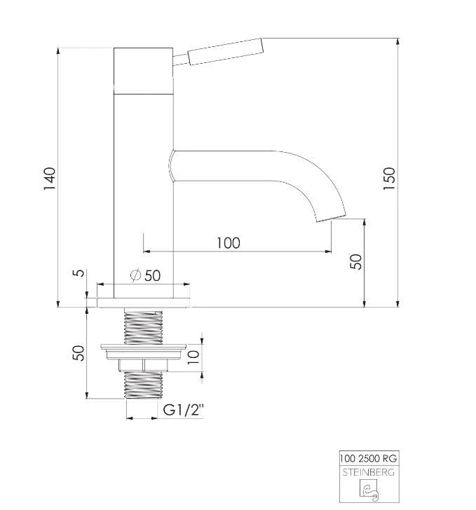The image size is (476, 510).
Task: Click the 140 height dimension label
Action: pos(50,179)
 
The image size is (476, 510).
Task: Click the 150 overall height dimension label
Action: pos(389,179)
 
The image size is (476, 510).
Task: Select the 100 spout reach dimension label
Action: pos(229,243)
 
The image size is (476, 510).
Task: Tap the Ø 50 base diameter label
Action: pos(146,275)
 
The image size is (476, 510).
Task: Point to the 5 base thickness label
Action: pos(78,273)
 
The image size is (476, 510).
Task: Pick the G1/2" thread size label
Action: pos(183,410)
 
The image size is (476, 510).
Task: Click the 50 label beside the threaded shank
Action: pos(78,353)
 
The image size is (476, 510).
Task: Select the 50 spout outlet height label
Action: pos(355,261)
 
